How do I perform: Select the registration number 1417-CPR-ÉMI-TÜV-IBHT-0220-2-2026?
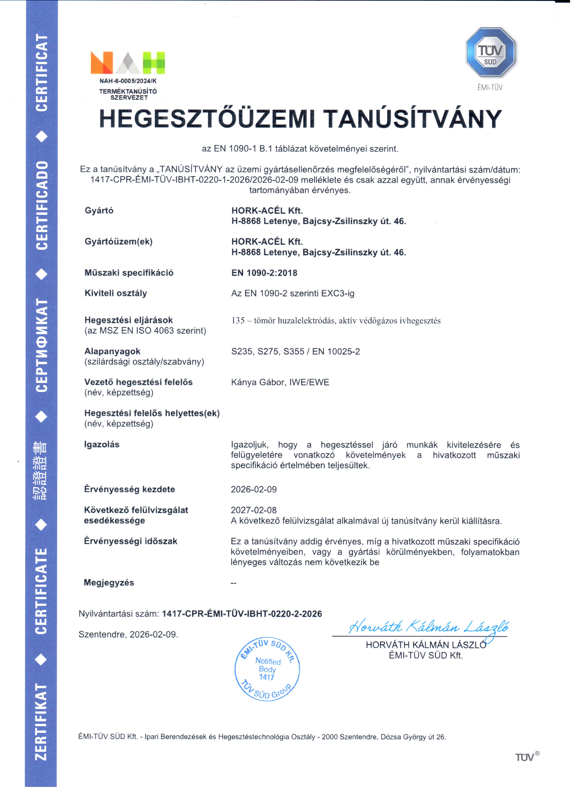(242, 614)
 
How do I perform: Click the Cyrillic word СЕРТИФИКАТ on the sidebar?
(41, 345)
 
